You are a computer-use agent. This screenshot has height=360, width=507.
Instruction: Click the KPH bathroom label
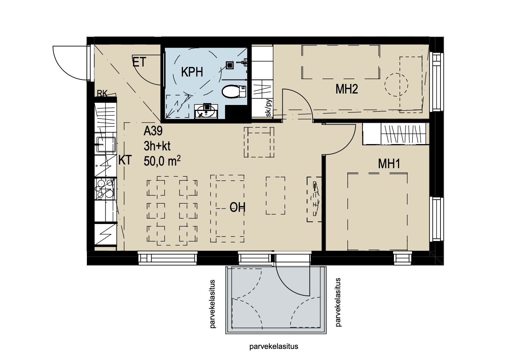click(192, 72)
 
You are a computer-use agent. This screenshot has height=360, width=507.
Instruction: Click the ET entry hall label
click(139, 62)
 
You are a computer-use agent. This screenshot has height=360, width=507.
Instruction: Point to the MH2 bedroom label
click(347, 89)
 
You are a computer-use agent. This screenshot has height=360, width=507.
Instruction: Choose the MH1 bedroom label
click(389, 164)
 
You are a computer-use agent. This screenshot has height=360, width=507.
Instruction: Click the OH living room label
click(238, 207)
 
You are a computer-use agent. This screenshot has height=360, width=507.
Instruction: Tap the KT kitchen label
click(125, 160)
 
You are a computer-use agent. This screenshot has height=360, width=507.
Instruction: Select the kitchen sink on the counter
click(106, 145)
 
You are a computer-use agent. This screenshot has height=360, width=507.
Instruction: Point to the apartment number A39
click(153, 131)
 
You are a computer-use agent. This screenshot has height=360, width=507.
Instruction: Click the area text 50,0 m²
click(162, 161)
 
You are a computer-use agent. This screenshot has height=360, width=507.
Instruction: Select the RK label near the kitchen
click(102, 93)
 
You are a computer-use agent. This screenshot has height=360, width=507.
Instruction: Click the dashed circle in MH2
click(396, 85)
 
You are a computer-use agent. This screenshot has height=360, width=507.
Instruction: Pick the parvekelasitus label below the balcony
click(274, 346)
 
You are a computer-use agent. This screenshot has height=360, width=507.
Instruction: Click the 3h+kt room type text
click(157, 146)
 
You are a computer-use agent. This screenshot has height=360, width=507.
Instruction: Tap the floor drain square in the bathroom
click(230, 65)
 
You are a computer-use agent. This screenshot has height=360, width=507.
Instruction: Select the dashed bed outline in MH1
click(377, 212)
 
